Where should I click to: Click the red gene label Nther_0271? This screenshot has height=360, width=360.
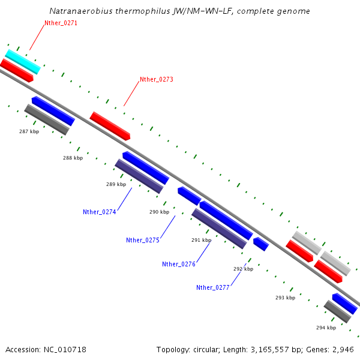[x=61, y=23]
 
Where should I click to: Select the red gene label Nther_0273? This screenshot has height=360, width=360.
[x=156, y=79]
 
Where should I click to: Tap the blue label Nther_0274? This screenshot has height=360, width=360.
[x=99, y=211]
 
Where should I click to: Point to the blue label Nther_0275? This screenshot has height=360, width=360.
[x=142, y=240]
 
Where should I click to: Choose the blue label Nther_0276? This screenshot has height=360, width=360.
[x=178, y=264]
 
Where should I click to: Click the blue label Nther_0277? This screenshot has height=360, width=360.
[x=212, y=287]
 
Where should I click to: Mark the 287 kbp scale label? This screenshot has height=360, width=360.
[x=29, y=131]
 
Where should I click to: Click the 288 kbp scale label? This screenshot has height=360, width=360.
[x=73, y=158]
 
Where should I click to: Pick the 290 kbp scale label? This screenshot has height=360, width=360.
[x=159, y=212]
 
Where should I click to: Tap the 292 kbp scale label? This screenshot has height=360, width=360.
[x=243, y=269]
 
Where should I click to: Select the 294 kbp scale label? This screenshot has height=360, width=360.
[x=326, y=328]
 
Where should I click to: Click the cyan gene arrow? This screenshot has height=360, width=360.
[x=23, y=61]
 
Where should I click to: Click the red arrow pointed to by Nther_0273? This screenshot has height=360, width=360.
[x=110, y=126]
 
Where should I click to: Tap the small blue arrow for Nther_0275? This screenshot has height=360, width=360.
[x=189, y=196]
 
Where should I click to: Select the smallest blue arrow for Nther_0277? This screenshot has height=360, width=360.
[x=260, y=244]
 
